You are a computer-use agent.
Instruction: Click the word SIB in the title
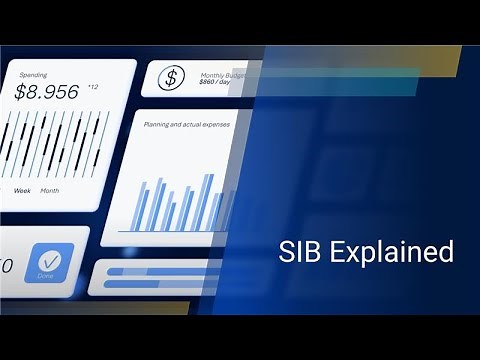pyautogui.click(x=296, y=252)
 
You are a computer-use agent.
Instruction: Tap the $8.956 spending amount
pyautogui.click(x=47, y=93)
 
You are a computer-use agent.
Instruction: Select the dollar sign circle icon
pyautogui.click(x=172, y=77)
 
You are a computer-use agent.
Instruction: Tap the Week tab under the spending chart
pyautogui.click(x=22, y=190)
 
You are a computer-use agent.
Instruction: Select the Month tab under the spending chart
pyautogui.click(x=50, y=190)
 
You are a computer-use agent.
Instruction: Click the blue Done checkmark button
pyautogui.click(x=50, y=263)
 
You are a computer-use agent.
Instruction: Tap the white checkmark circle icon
pyautogui.click(x=50, y=259)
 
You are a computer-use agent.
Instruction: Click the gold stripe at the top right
pyautogui.click(x=420, y=60)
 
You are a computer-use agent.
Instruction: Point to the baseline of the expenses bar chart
pyautogui.click(x=175, y=232)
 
